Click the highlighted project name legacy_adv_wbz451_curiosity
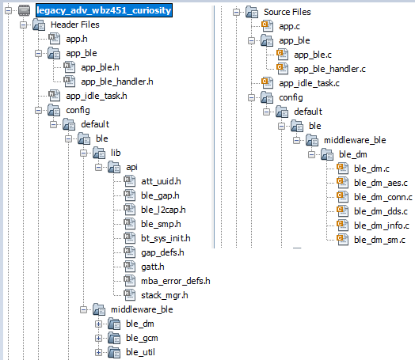(104, 10)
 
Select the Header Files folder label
(75, 25)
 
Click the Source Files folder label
(287, 12)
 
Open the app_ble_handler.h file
(117, 81)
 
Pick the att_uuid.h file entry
(161, 181)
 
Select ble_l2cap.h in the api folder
(163, 210)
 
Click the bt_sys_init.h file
(166, 238)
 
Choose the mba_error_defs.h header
(176, 281)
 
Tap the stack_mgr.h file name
(165, 295)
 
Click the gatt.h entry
(152, 267)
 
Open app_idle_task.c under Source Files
(309, 83)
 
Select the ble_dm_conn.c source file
(383, 197)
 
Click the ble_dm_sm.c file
(379, 240)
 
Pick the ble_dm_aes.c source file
(381, 183)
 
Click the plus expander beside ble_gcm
(98, 338)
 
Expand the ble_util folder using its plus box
(98, 352)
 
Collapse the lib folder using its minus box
(83, 153)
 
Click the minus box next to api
(98, 167)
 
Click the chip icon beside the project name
(24, 10)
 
